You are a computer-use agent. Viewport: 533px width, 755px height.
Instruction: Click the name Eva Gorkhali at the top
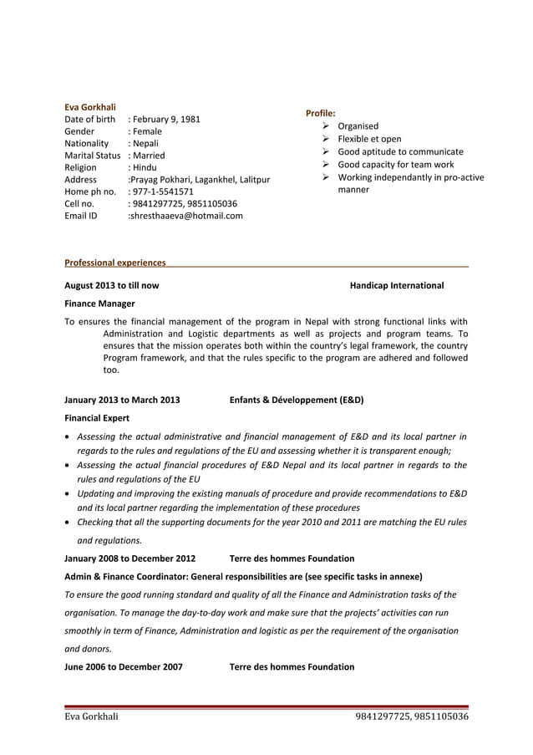click(90, 107)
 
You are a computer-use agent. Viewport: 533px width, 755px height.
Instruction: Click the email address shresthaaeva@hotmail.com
click(185, 216)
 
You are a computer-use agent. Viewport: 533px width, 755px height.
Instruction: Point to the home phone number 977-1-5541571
click(162, 191)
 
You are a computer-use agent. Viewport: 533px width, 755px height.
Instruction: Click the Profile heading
click(321, 112)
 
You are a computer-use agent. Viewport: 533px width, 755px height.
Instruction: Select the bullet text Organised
click(358, 126)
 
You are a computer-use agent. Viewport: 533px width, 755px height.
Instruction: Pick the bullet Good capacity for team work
click(395, 165)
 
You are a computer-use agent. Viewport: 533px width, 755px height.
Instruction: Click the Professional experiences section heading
click(114, 263)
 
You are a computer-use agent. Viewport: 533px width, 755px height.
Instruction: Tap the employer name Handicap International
click(397, 286)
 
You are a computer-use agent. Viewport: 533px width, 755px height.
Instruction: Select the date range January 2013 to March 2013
click(122, 400)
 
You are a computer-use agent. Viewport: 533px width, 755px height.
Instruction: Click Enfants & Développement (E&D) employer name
click(296, 400)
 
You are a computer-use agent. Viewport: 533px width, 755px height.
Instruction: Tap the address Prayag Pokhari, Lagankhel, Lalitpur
click(199, 180)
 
